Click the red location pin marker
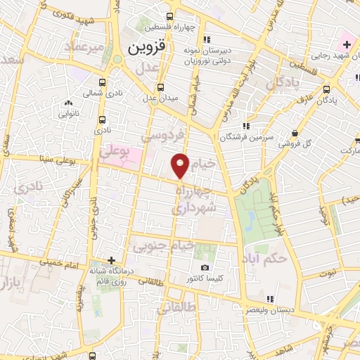tap(181, 165)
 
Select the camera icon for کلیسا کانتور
tap(205, 267)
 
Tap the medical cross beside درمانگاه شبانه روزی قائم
tap(111, 259)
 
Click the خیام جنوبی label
tap(167, 245)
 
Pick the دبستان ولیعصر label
tap(284, 309)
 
